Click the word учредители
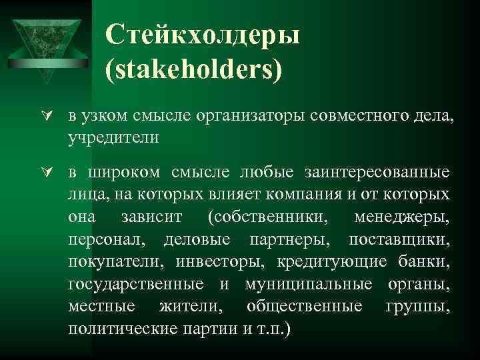[113, 137]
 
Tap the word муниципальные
[309, 284]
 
